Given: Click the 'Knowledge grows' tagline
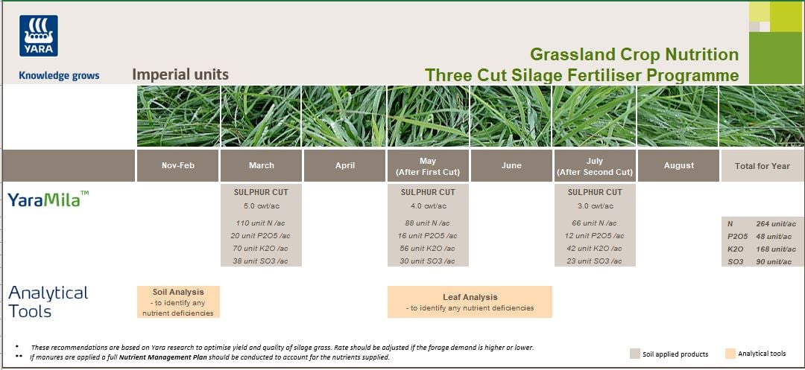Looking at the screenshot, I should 59,75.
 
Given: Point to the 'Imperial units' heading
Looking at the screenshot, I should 180,74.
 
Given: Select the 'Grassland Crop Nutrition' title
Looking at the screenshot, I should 634,54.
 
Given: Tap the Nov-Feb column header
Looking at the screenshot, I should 177,165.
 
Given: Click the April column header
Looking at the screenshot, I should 345,165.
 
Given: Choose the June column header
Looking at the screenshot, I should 511,165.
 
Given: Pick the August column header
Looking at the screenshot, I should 678,165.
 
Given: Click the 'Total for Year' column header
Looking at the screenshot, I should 762,166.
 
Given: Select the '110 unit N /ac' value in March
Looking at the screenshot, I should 261,223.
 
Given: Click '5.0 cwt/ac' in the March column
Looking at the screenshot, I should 261,205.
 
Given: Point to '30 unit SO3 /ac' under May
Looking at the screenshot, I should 428,261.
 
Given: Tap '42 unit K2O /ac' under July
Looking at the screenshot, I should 594,249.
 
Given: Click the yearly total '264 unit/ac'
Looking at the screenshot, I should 775,223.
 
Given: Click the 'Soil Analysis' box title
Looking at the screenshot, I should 178,292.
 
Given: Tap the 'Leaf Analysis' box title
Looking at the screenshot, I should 470,297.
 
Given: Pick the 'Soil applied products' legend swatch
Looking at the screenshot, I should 634,354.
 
